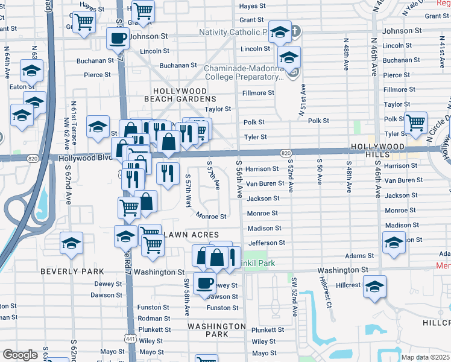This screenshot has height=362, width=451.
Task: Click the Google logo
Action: point(20,355)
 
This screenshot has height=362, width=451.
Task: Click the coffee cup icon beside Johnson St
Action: point(117,38)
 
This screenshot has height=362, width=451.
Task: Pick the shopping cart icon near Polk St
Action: point(415,122)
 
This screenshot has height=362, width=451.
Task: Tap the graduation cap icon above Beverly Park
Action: point(72,243)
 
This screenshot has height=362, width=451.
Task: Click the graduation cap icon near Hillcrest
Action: point(374,286)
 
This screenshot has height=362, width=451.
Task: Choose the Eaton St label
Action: point(10,87)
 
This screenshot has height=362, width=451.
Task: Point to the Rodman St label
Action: point(154,319)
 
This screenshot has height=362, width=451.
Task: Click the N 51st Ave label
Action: point(300,100)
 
